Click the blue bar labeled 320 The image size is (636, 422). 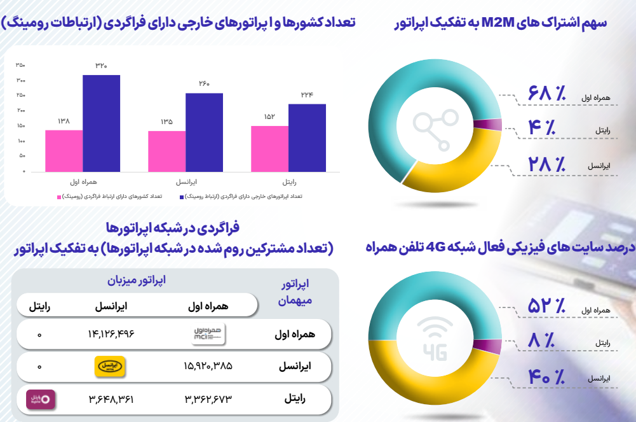pyautogui.click(x=101, y=123)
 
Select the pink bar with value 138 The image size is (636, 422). pyautogui.click(x=64, y=151)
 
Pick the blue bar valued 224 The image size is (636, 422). pyautogui.click(x=307, y=137)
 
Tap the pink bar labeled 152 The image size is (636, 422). pyautogui.click(x=269, y=148)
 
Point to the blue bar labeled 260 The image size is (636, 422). pyautogui.click(x=204, y=132)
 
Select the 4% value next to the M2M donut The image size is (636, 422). pyautogui.click(x=547, y=129)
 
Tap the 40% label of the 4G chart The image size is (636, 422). pyautogui.click(x=547, y=377)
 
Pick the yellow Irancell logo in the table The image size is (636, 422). pyautogui.click(x=111, y=366)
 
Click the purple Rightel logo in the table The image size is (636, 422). pyautogui.click(x=39, y=399)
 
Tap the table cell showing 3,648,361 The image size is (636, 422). pyautogui.click(x=111, y=399)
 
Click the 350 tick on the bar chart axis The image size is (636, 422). pyautogui.click(x=20, y=66)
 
